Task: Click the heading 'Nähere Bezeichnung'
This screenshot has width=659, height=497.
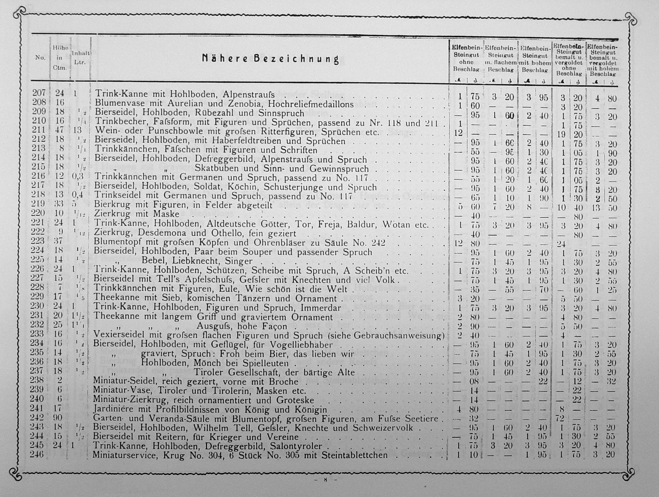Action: click(x=270, y=59)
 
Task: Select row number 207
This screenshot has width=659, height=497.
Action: click(x=39, y=93)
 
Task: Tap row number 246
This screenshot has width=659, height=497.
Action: click(x=37, y=454)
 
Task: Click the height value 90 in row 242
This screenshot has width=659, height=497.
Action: click(x=57, y=418)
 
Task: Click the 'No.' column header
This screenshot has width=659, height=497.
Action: click(x=40, y=57)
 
